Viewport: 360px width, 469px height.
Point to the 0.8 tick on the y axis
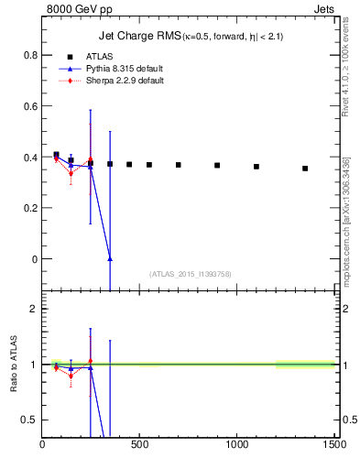(30, 55)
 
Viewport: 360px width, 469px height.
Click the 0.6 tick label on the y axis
(30, 106)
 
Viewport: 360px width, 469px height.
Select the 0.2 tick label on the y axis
(30, 208)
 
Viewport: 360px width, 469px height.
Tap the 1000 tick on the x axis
(237, 444)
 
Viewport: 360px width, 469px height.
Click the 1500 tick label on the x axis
(334, 444)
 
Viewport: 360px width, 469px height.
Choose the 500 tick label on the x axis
(140, 444)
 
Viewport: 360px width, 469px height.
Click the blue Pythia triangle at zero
(110, 259)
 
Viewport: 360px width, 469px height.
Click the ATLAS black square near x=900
(217, 166)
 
